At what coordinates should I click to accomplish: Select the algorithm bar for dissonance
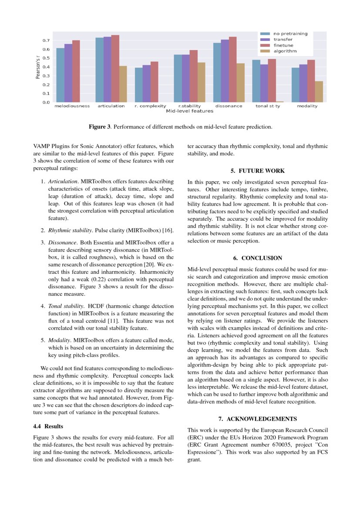pyautogui.click(x=240, y=83)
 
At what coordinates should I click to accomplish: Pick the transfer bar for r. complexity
pyautogui.click(x=147, y=84)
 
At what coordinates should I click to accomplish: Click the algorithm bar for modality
pyautogui.click(x=319, y=91)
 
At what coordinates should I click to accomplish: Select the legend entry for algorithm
pyautogui.click(x=285, y=51)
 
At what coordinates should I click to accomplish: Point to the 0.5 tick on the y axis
pyautogui.click(x=45, y=58)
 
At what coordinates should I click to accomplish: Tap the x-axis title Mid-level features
pyautogui.click(x=189, y=111)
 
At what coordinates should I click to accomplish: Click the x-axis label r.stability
pyautogui.click(x=189, y=106)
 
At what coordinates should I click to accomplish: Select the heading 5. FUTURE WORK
pyautogui.click(x=257, y=171)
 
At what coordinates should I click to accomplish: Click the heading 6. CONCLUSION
pyautogui.click(x=258, y=258)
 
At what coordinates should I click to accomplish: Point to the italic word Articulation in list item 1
pyautogui.click(x=60, y=181)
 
